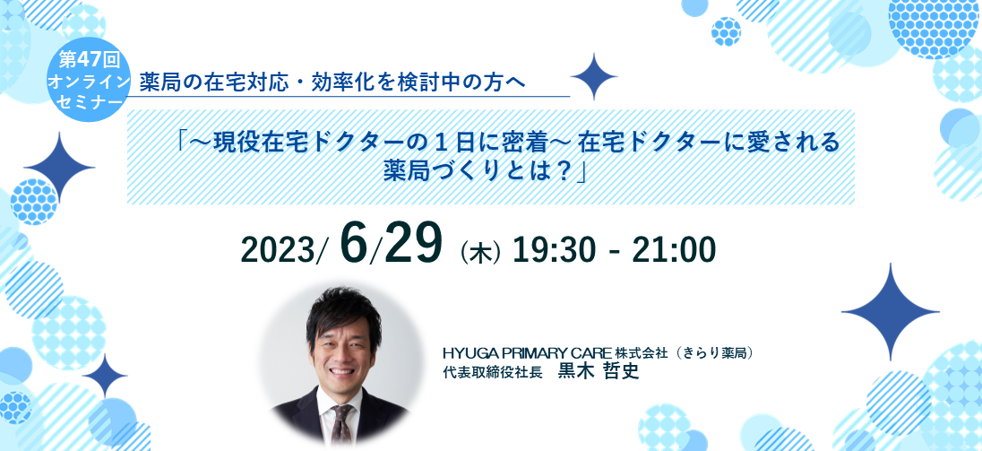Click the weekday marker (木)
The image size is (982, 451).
479,253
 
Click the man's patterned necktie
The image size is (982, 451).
342,423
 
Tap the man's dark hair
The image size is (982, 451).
343,310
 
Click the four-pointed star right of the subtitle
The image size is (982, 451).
594,77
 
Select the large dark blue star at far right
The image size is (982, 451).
890,311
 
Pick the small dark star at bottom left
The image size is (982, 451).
105,376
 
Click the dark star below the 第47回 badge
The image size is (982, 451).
59,168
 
